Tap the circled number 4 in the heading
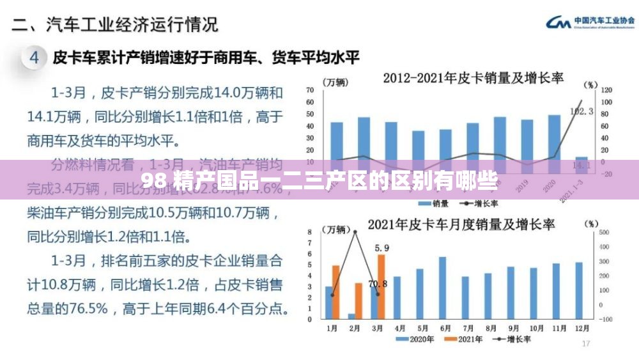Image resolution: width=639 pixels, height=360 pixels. (x=36, y=58)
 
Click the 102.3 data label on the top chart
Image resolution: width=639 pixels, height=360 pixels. (x=581, y=111)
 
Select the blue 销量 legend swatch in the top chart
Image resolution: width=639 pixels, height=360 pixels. (x=424, y=203)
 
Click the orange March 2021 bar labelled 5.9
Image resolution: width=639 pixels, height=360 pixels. (x=381, y=286)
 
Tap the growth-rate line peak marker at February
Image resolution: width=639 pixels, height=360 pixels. (x=355, y=231)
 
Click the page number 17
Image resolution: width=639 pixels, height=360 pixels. (x=586, y=344)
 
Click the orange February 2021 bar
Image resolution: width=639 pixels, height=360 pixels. (x=358, y=301)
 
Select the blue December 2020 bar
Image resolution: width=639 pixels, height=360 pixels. (x=579, y=290)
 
